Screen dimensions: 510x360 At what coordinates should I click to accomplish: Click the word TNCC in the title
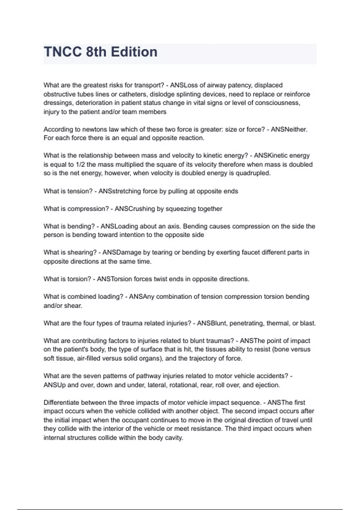pos(62,52)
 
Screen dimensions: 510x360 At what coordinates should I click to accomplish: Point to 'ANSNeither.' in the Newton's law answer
pos(289,129)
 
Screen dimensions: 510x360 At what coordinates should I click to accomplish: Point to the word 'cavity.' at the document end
pos(174,438)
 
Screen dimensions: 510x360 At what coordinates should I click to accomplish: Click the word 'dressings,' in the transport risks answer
pos(58,103)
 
